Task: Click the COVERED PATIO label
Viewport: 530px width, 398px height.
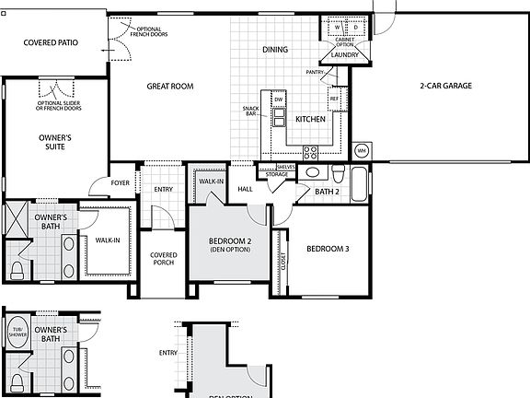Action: [51, 42]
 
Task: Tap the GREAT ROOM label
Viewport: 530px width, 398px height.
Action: [170, 87]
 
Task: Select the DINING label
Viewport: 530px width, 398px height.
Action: [275, 50]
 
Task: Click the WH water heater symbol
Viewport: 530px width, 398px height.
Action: [362, 150]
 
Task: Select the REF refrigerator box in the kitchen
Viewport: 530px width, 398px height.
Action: [335, 98]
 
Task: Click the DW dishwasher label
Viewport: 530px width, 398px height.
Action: [278, 97]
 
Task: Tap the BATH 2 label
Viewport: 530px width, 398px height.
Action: [327, 193]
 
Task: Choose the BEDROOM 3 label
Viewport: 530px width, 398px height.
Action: [328, 249]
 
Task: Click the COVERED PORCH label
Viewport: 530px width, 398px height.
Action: [164, 260]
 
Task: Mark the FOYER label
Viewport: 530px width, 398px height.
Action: [121, 182]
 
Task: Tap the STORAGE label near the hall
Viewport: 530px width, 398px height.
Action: [277, 173]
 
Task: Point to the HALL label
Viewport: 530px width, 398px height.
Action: [245, 189]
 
